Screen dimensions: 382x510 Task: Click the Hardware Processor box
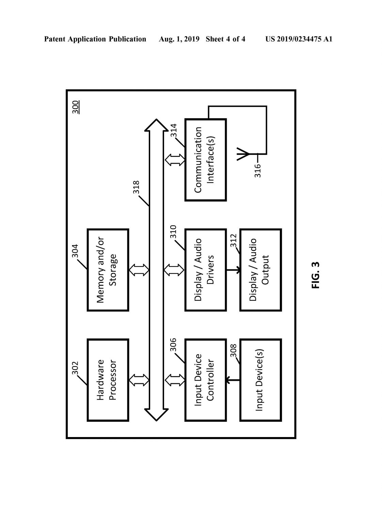(108, 380)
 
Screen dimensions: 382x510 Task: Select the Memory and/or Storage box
(108, 270)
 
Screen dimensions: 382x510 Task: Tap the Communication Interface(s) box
(206, 160)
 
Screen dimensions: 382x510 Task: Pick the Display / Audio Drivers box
(206, 270)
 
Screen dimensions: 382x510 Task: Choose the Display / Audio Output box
(261, 270)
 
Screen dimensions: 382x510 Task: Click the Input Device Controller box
(206, 380)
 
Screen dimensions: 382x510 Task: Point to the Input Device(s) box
(261, 380)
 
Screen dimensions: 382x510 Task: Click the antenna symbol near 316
(243, 154)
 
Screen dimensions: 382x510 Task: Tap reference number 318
(136, 187)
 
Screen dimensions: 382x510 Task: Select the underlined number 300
(76, 107)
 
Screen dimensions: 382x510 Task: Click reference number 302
(75, 368)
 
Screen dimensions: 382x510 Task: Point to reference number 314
(174, 130)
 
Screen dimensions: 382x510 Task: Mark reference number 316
(257, 171)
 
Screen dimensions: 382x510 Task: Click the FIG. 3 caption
(316, 275)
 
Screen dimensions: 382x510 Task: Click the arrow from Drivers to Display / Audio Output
(233, 270)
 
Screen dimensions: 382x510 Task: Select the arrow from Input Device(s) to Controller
(233, 380)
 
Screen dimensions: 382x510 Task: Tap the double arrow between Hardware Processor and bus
(139, 380)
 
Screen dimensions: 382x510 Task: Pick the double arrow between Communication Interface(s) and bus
(175, 160)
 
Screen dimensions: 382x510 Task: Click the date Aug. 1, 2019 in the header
(179, 39)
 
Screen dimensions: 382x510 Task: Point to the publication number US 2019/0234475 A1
(299, 39)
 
